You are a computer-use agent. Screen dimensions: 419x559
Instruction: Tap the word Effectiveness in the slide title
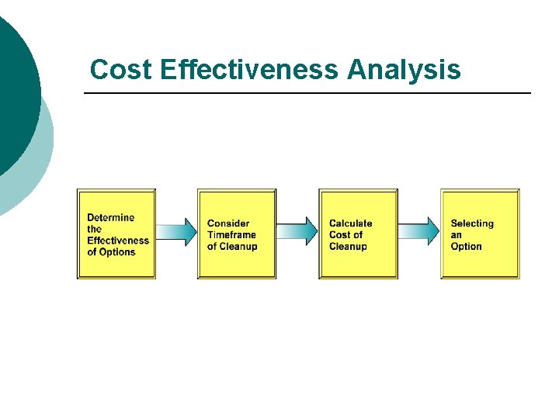[x=250, y=70]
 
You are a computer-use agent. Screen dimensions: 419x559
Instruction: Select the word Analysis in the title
[x=404, y=70]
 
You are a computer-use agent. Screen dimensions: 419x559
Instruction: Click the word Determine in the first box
[x=110, y=217]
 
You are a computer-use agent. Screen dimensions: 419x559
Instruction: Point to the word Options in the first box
[x=117, y=252]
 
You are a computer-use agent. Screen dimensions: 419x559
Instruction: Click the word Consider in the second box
[x=228, y=223]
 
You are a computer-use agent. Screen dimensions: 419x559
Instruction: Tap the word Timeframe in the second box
[x=231, y=235]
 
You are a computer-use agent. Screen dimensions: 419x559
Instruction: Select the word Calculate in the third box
[x=351, y=223]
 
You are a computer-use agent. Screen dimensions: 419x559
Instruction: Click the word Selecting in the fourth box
[x=472, y=223]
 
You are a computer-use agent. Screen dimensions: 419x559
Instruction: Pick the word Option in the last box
[x=467, y=247]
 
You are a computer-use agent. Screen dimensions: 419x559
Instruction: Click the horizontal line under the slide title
[x=307, y=94]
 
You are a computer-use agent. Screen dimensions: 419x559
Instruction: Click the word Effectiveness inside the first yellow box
[x=118, y=241]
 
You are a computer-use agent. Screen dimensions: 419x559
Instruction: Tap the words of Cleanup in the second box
[x=232, y=247]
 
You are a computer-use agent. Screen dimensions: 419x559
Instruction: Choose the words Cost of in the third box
[x=346, y=235]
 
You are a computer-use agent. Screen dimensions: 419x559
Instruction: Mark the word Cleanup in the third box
[x=348, y=247]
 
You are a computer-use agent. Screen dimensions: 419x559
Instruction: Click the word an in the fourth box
[x=457, y=235]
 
